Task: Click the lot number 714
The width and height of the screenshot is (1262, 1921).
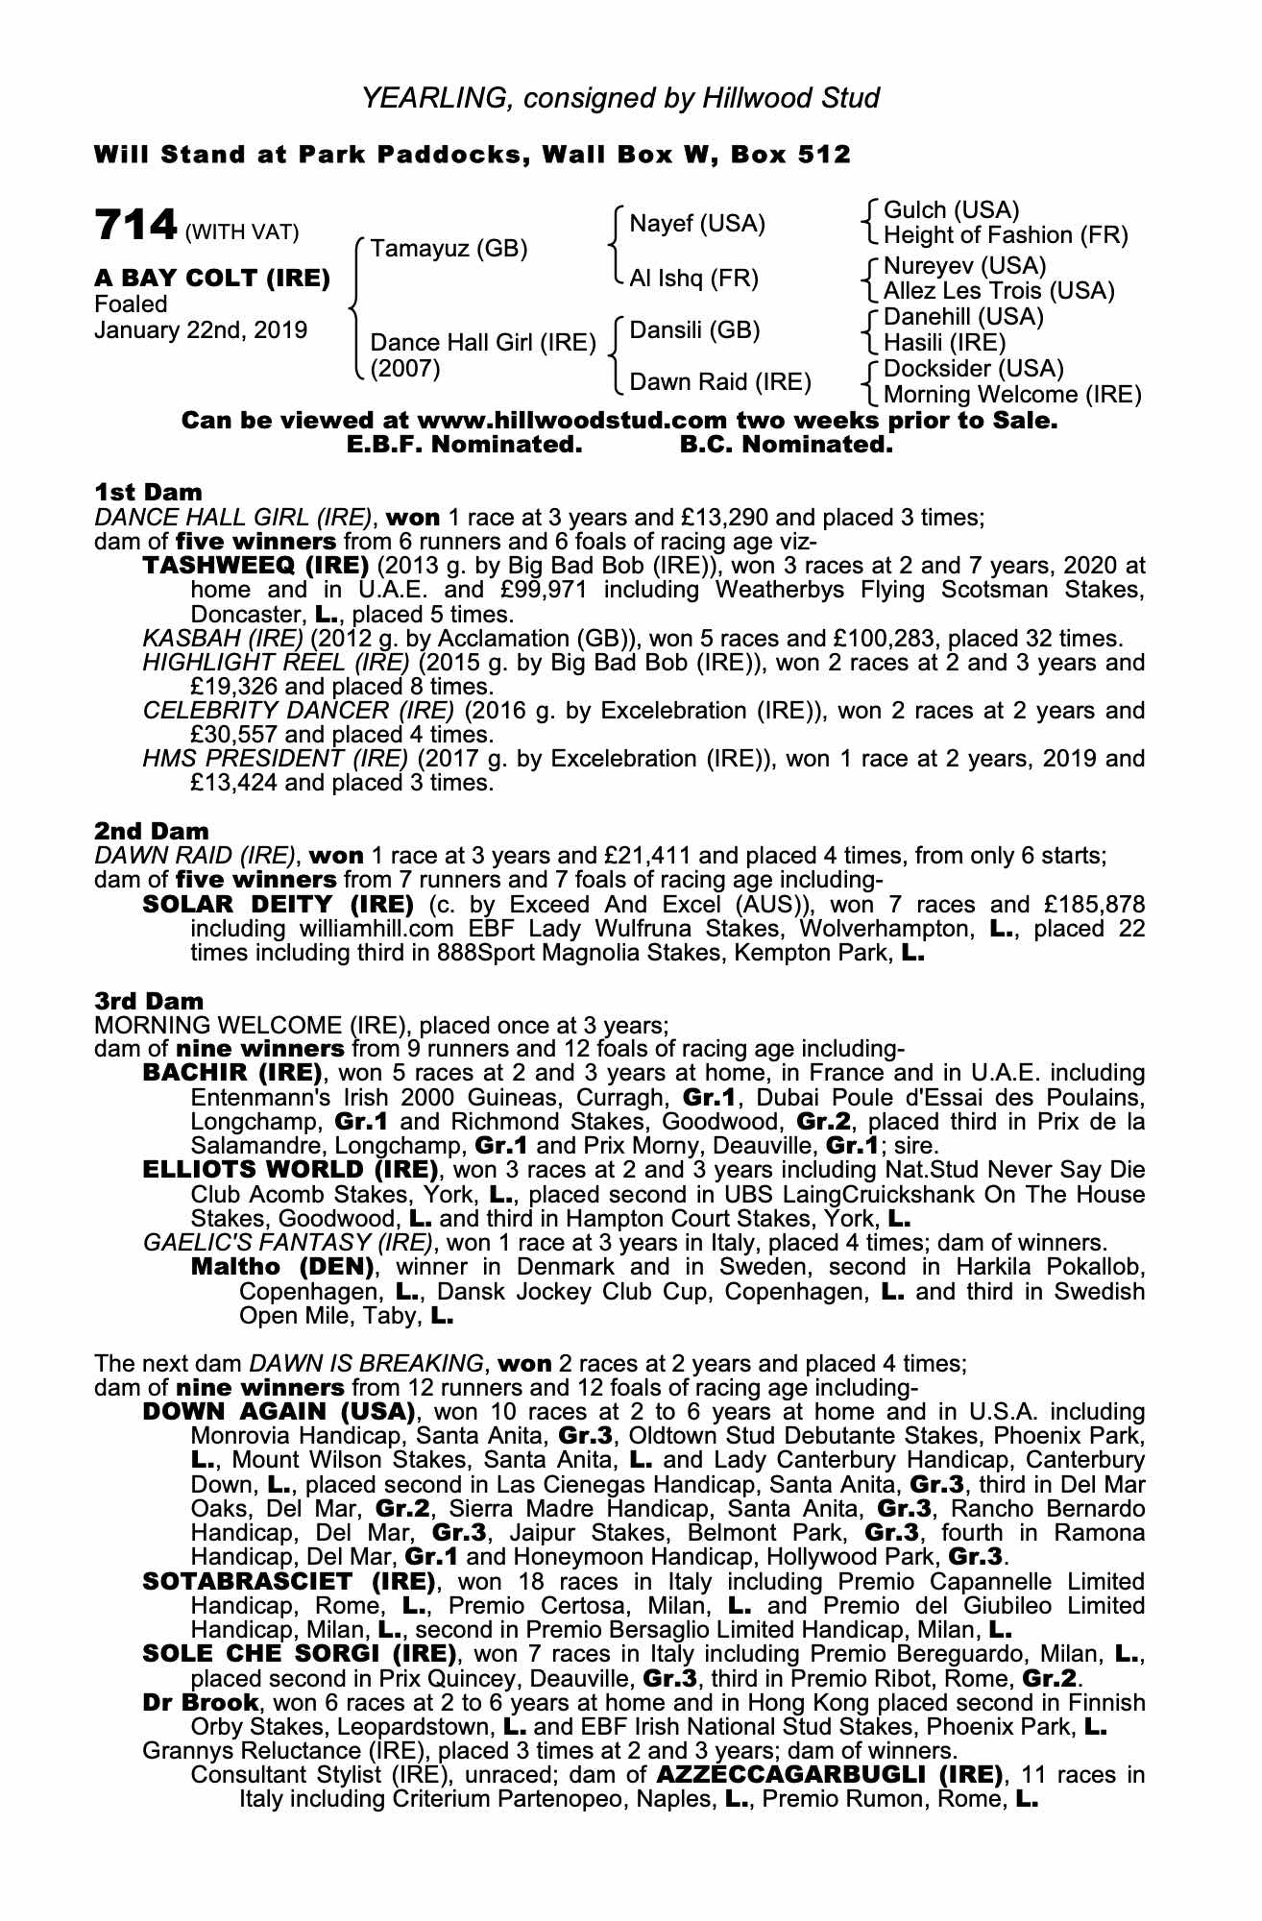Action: (135, 226)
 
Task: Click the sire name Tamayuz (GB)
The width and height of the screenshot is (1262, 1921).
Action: (449, 249)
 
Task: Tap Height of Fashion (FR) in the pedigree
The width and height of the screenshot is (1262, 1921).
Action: (1006, 235)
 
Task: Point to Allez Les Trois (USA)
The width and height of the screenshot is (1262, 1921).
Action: (999, 291)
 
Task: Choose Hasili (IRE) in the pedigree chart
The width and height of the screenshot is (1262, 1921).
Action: (944, 343)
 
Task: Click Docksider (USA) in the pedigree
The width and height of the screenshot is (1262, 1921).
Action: (973, 369)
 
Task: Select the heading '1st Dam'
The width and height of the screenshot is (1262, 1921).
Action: (148, 493)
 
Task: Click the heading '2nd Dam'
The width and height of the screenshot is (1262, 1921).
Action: (151, 830)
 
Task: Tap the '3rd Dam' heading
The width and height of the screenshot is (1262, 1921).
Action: (149, 1001)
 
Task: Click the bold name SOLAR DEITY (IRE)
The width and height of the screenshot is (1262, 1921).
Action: (278, 905)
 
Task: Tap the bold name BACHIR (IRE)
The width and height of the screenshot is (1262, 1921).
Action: (231, 1073)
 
